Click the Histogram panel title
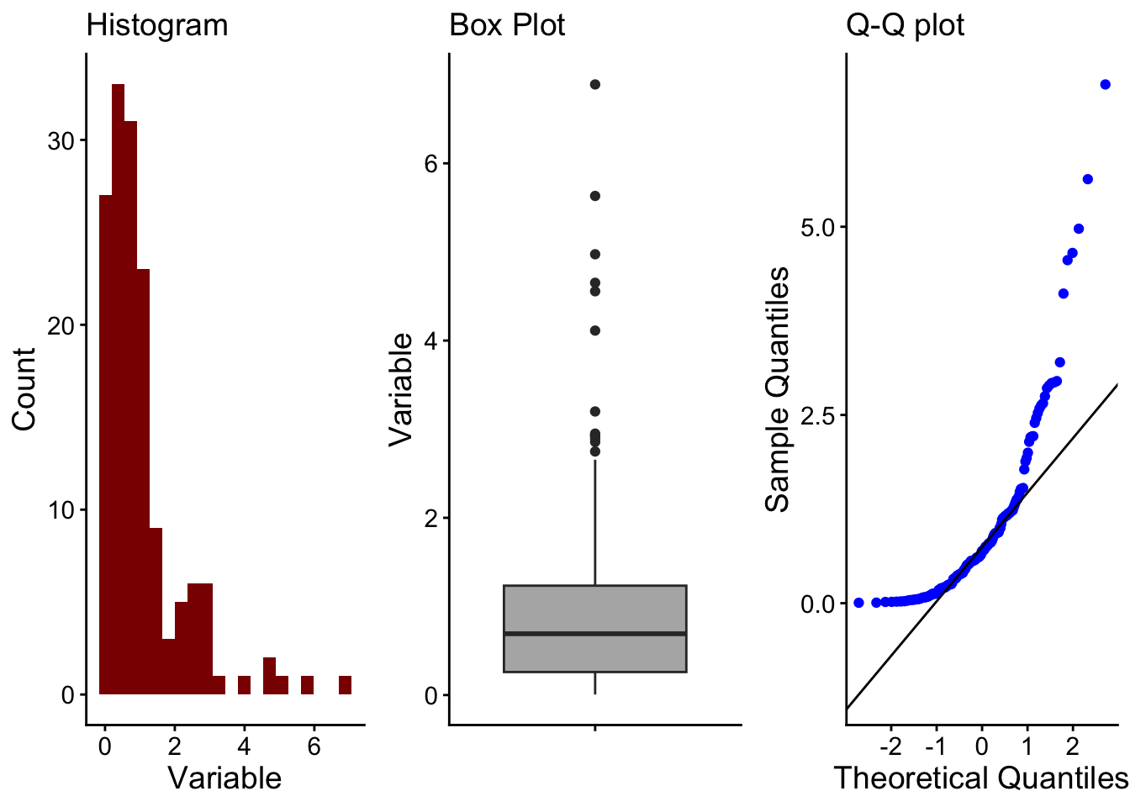(157, 25)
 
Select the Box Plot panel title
(507, 25)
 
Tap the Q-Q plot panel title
(905, 25)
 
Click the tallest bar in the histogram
(118, 387)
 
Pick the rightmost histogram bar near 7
(345, 685)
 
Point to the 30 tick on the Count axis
(61, 140)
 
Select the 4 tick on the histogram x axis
(244, 747)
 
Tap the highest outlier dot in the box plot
(595, 84)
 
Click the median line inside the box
(595, 633)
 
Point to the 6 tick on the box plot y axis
(431, 163)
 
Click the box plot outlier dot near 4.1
(595, 330)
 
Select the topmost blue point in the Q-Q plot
(1105, 84)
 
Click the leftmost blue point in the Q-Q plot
(858, 603)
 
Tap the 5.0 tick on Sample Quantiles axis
(818, 228)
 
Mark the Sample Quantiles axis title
(778, 388)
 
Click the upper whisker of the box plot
(595, 521)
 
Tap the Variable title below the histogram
(224, 778)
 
